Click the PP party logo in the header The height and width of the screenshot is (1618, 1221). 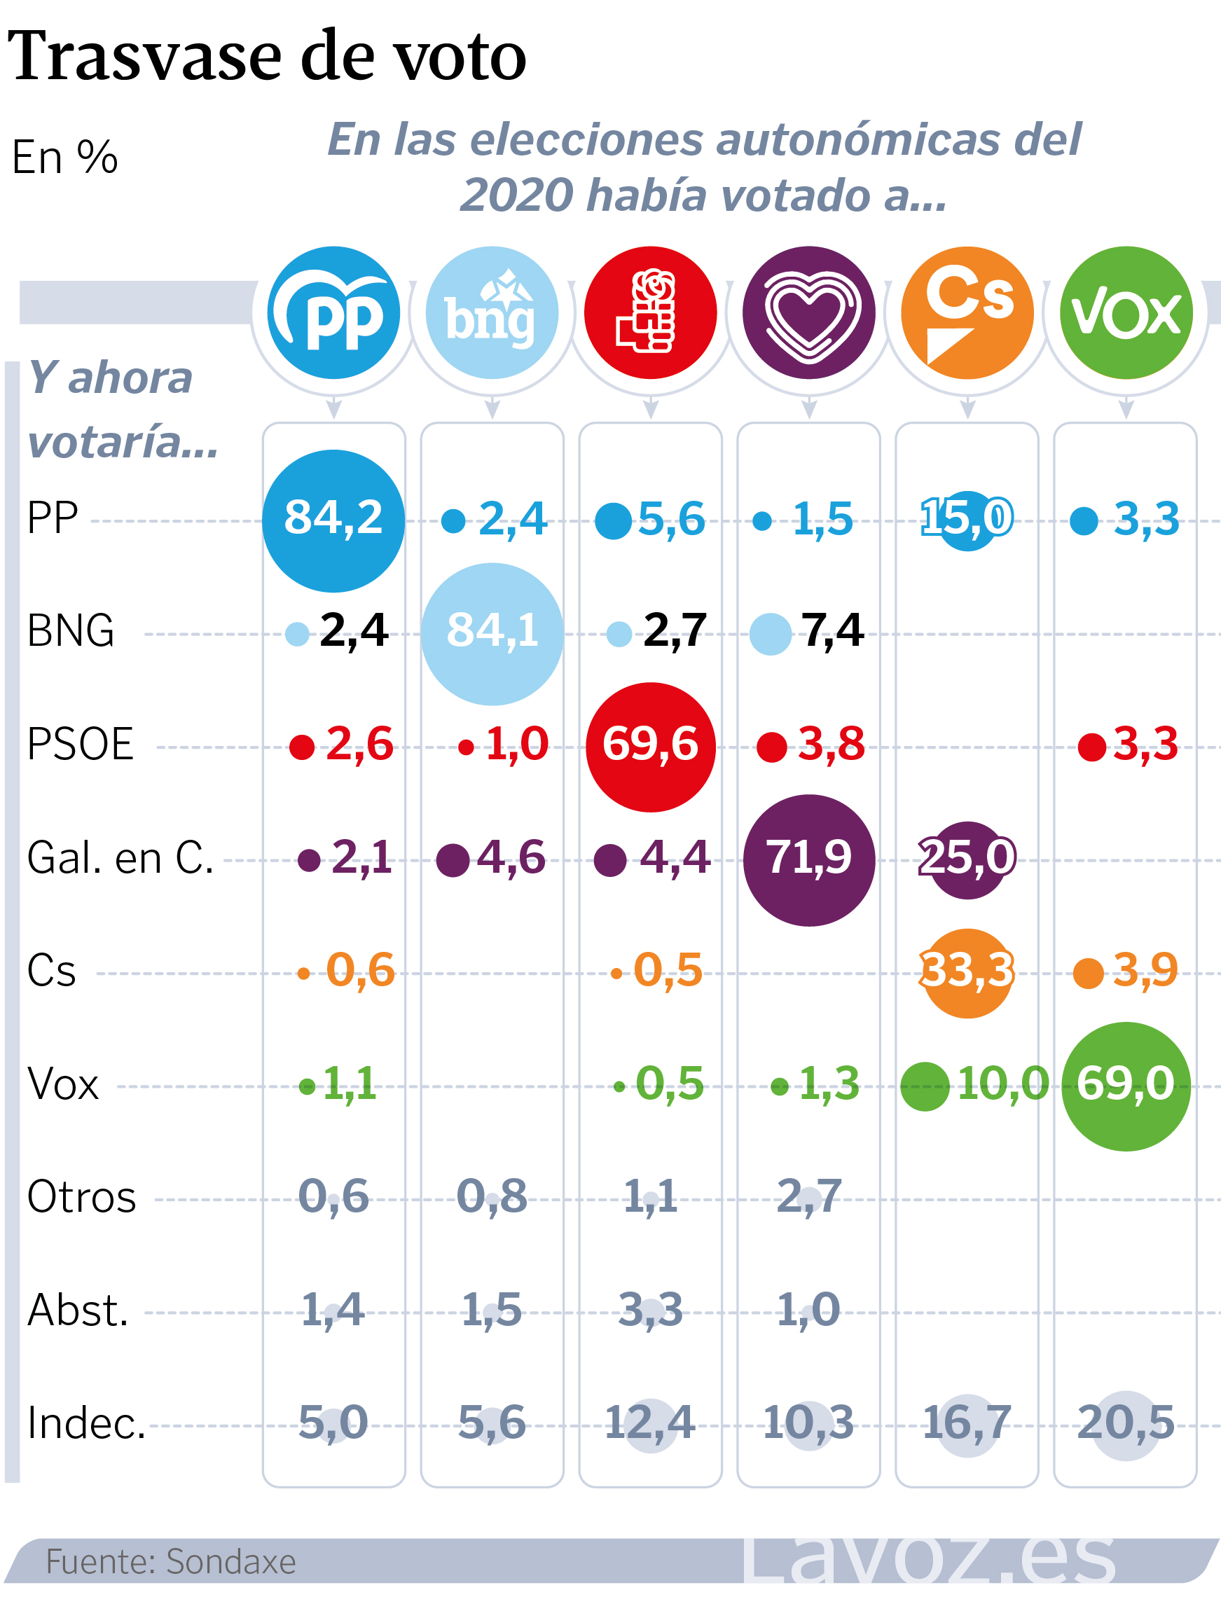[333, 313]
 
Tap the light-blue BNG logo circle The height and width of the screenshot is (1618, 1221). [492, 313]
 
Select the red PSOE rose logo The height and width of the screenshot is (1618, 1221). [650, 313]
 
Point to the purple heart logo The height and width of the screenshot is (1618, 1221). [808, 313]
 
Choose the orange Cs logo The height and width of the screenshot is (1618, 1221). [967, 313]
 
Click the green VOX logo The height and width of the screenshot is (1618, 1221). [1126, 313]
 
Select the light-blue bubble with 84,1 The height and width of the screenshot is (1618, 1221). [492, 633]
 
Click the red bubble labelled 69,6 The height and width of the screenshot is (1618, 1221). [650, 747]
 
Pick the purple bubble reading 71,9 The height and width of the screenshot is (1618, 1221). [808, 860]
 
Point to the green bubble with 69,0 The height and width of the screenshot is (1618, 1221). [1126, 1086]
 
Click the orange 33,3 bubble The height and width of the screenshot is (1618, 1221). [967, 973]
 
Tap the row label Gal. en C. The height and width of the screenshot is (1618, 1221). [120, 858]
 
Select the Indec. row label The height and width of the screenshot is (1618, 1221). [86, 1423]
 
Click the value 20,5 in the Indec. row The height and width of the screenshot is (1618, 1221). [1125, 1423]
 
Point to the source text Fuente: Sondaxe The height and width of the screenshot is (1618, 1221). [171, 1562]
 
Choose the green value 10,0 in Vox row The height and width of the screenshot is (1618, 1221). [1002, 1084]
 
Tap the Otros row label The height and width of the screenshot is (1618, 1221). [81, 1198]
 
